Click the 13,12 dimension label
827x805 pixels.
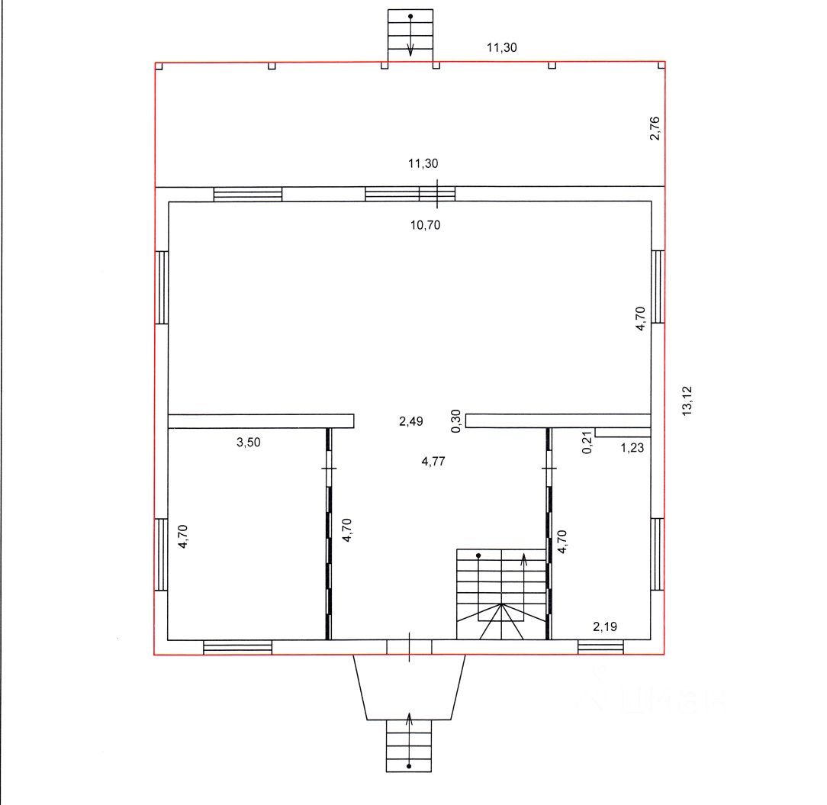pos(687,401)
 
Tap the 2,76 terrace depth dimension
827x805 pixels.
pos(655,128)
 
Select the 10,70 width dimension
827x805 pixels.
pos(425,225)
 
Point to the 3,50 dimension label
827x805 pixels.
pos(249,442)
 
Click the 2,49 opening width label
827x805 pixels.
pos(411,421)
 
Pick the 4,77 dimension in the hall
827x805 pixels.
pos(433,462)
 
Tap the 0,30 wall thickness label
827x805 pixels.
pos(456,421)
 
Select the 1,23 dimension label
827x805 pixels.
pos(632,448)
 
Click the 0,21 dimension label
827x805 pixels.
pos(587,442)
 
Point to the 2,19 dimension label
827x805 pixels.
pos(605,626)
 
